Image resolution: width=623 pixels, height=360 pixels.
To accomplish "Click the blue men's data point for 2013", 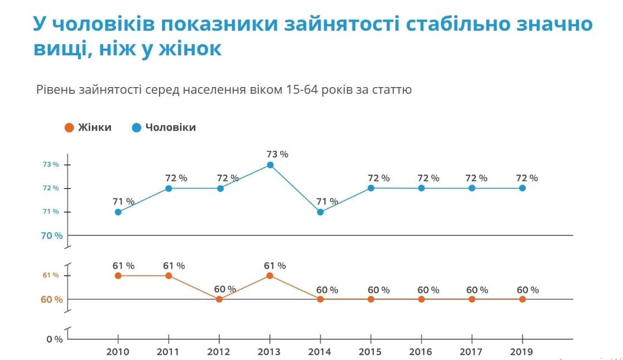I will click(270, 165).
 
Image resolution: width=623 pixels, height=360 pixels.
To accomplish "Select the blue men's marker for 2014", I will click(320, 212).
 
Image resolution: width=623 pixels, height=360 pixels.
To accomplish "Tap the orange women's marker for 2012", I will click(219, 299).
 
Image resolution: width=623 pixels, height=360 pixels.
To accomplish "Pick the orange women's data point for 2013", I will click(270, 276).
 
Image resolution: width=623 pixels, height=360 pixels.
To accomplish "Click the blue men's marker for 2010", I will click(118, 212).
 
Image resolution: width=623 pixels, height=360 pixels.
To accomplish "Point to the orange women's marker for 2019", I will click(523, 299).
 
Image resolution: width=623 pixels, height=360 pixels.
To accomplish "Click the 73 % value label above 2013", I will click(277, 154).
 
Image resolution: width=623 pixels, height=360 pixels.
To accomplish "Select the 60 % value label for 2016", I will click(428, 290).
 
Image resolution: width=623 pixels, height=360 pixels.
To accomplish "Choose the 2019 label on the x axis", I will click(523, 352).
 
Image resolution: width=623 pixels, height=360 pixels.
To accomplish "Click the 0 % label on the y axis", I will click(54, 339).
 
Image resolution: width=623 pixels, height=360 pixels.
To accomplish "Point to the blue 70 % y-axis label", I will click(51, 236).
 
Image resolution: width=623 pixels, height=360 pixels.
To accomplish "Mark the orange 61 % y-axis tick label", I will click(51, 276).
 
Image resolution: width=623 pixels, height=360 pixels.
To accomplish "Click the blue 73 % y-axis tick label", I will click(51, 165).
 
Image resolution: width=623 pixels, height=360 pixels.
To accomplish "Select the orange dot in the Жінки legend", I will click(69, 127).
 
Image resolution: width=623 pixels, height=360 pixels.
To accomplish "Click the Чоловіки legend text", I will click(171, 127).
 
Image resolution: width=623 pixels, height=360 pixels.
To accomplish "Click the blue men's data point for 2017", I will click(472, 188).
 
